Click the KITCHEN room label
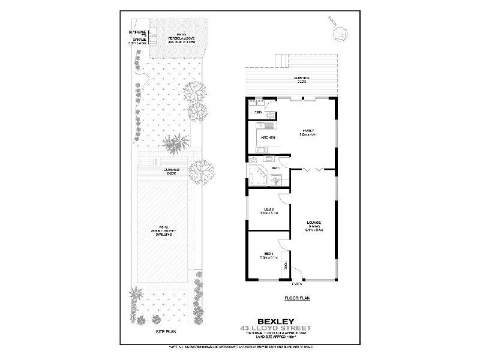point(268,137)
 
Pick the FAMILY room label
point(308,132)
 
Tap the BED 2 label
point(267,211)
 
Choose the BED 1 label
point(267,255)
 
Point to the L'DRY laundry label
point(258,112)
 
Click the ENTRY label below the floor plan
point(297,285)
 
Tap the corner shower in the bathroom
point(259,176)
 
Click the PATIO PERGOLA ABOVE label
point(179,38)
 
